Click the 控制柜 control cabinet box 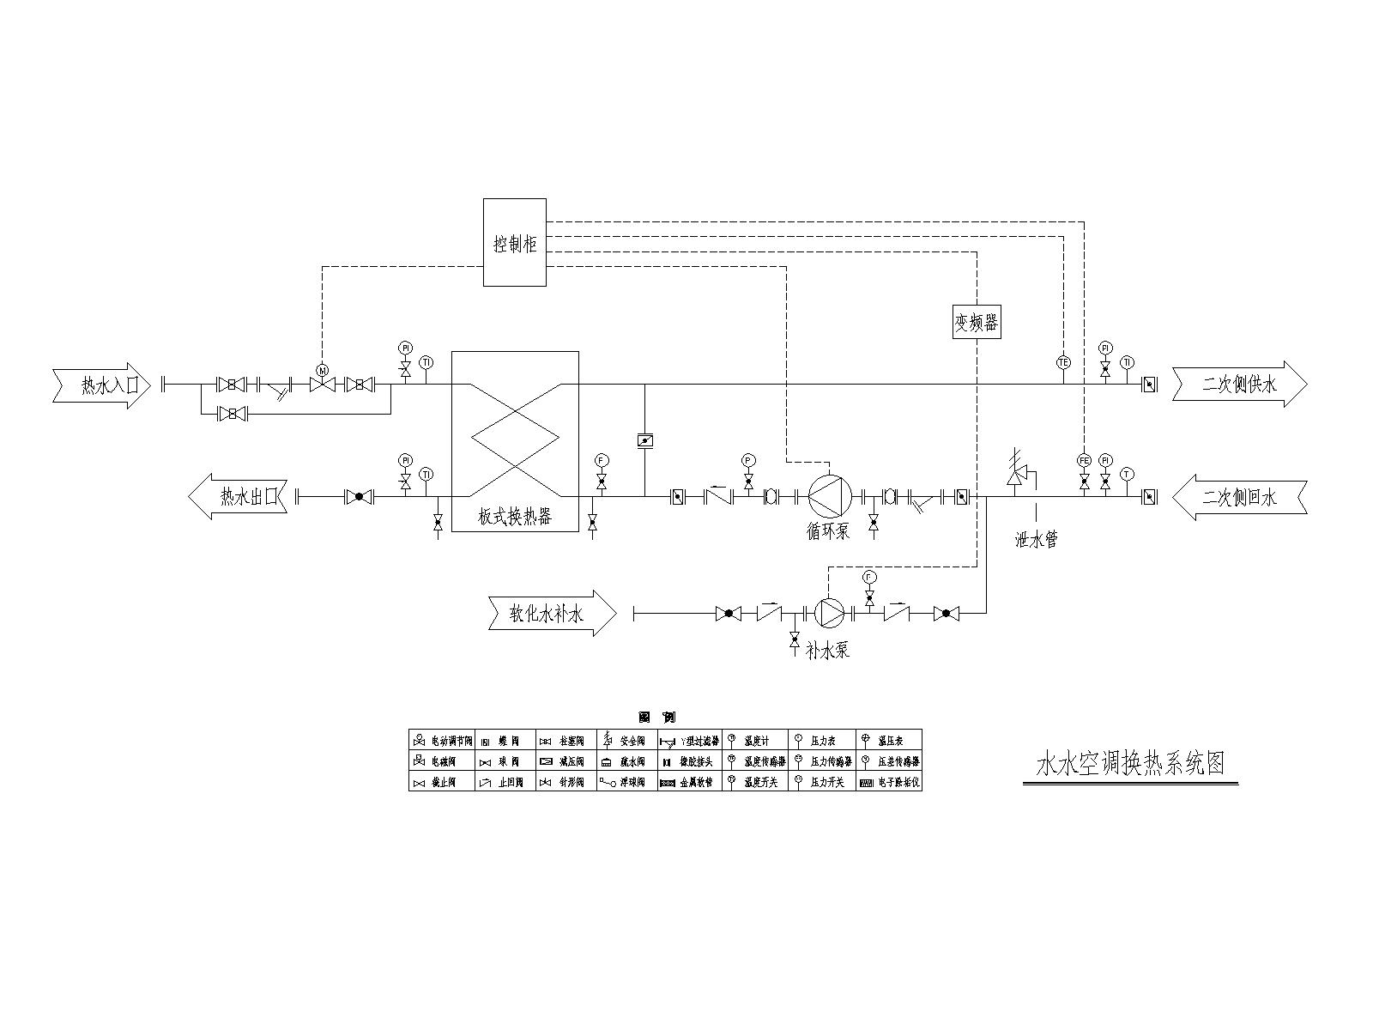point(514,243)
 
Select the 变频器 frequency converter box point(977,323)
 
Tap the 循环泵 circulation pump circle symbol point(829,497)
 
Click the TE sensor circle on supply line point(1063,362)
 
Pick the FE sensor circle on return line point(1084,460)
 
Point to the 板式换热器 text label point(515,517)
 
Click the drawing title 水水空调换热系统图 point(1131,763)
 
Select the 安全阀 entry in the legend point(627,740)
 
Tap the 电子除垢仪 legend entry point(890,783)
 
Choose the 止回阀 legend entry point(505,783)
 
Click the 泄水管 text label point(1036,540)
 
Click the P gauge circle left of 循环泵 point(748,461)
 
